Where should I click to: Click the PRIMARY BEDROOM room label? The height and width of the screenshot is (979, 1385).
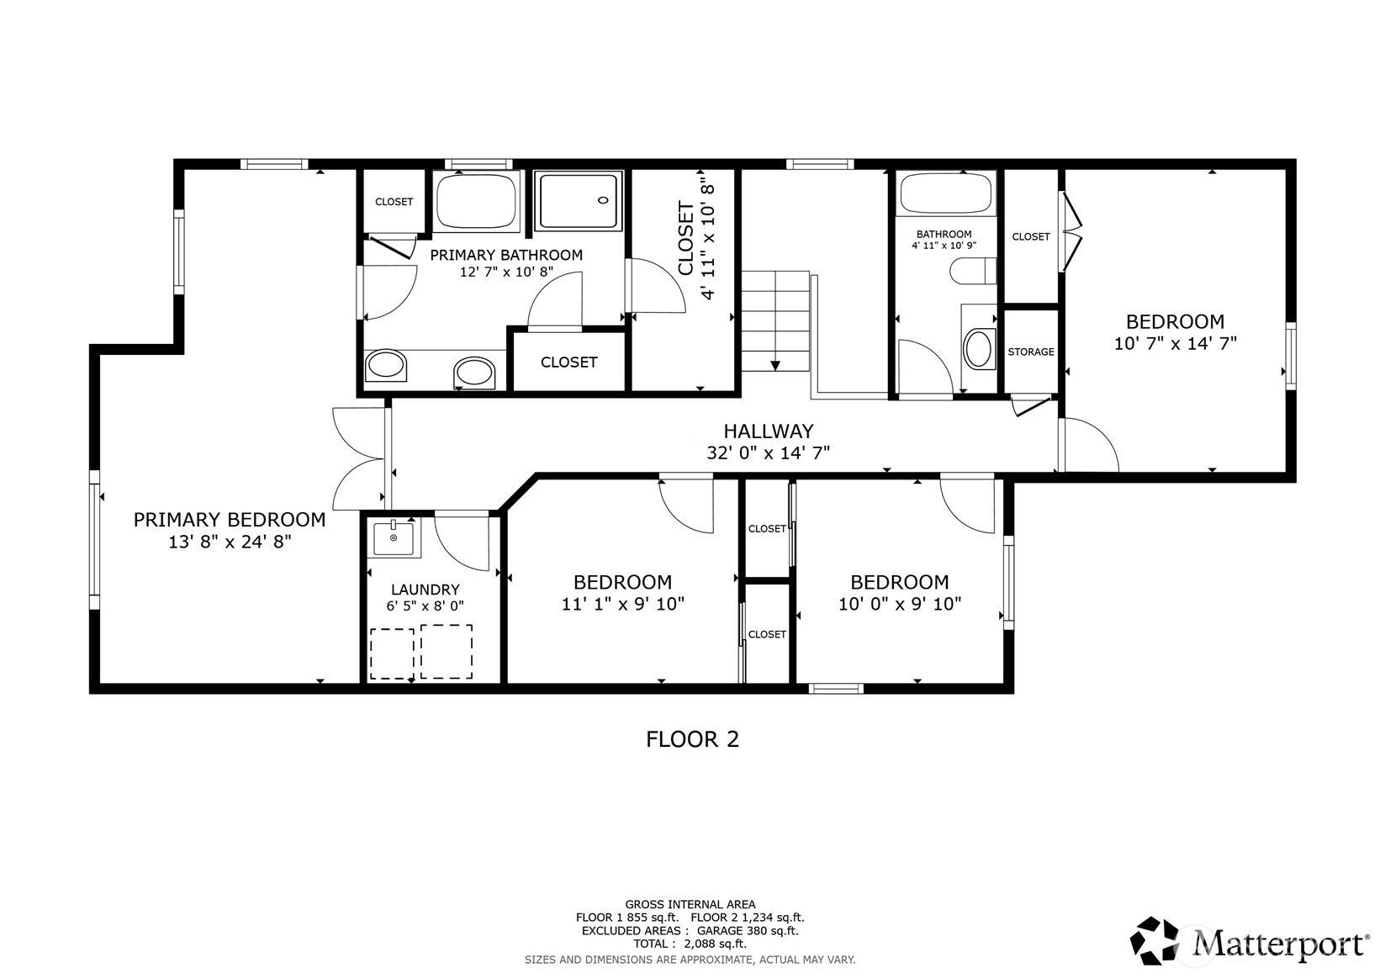(230, 520)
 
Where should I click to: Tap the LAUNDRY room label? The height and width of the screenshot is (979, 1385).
(426, 590)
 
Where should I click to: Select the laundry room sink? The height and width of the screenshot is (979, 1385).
(394, 538)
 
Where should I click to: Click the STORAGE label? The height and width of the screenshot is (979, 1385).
(1031, 352)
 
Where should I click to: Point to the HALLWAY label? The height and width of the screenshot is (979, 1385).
(769, 431)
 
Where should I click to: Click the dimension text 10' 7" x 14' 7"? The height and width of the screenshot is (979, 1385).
(1175, 343)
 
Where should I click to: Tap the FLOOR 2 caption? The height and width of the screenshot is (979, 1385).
(693, 739)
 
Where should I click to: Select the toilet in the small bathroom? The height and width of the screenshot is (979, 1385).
(973, 272)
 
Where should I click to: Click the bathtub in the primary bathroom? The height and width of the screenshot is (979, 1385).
(476, 202)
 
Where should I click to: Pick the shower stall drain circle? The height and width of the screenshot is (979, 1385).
(603, 200)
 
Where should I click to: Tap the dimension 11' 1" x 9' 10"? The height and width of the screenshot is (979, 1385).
(622, 604)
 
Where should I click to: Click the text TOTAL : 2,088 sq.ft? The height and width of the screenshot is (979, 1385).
(690, 944)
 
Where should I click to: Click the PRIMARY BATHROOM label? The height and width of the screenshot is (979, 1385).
(505, 255)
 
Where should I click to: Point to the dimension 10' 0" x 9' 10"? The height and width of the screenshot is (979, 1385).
(900, 604)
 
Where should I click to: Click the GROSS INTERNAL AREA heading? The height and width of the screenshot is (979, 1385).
(690, 904)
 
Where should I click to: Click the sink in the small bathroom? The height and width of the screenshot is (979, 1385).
(978, 349)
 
